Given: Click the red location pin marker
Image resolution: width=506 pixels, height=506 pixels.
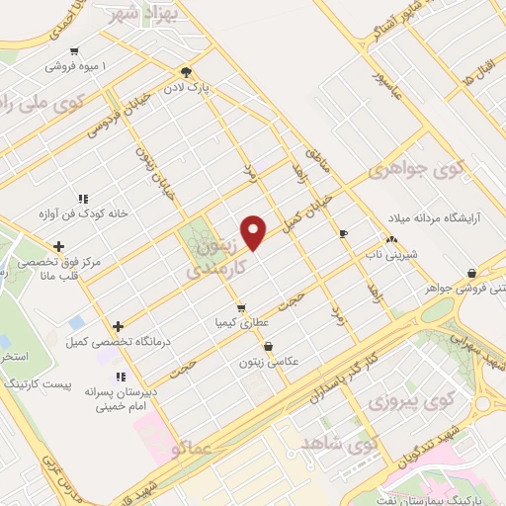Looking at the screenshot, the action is [x=255, y=231].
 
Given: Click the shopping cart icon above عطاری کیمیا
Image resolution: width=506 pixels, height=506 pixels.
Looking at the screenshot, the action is [x=241, y=307].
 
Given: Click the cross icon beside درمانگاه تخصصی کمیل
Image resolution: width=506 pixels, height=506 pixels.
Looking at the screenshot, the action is [x=118, y=326].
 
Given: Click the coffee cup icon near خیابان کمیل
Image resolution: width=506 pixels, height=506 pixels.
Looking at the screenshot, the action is [x=344, y=234].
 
